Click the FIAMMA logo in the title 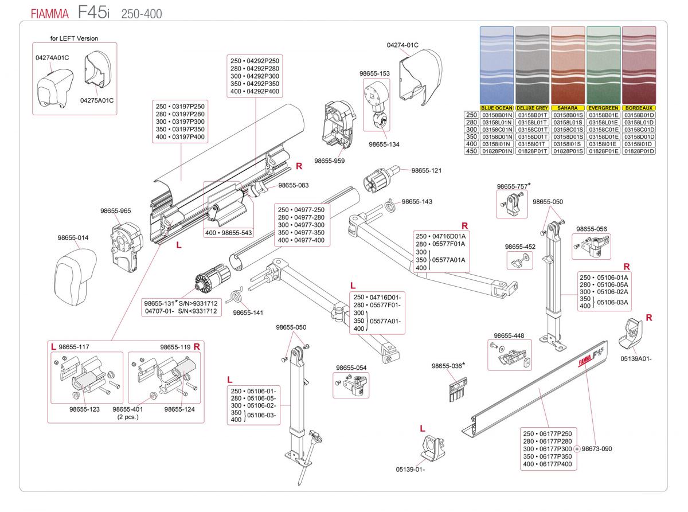pos(50,14)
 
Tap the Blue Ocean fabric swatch pos(497,65)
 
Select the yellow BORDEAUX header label pos(639,108)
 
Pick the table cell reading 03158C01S pos(568,130)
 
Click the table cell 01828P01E pos(603,151)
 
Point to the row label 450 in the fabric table pos(471,151)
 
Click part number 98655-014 pos(73,238)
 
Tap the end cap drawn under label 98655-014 pos(75,277)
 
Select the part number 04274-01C pos(402,45)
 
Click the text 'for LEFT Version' pos(74,38)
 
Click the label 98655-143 pos(417,202)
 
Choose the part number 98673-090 pos(596,449)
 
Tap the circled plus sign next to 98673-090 pos(577,449)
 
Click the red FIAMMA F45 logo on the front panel pos(591,357)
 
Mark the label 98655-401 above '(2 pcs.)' pos(127,409)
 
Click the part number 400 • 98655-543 pos(228,233)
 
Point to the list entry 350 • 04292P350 pos(255,84)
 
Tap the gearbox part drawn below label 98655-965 pos(127,247)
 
